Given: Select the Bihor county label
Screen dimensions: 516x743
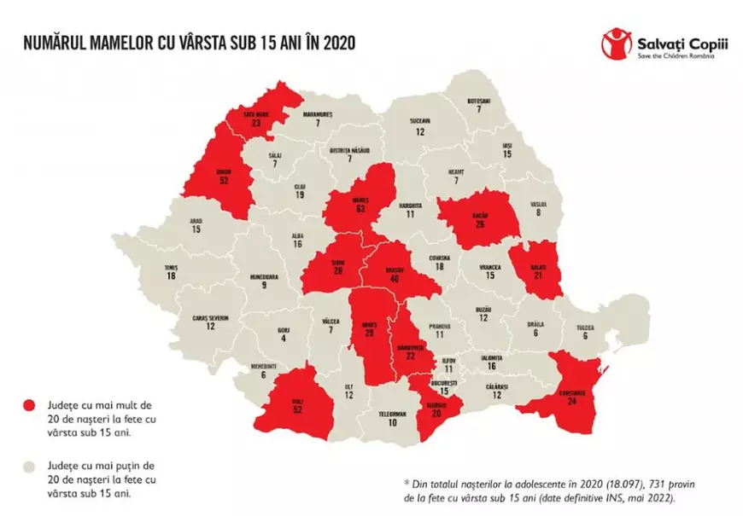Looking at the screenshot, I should click(224, 170).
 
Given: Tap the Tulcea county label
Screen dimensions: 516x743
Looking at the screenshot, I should click(585, 327).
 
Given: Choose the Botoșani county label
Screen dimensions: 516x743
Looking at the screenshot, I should click(479, 100).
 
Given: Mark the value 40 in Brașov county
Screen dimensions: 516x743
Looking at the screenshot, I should click(393, 278).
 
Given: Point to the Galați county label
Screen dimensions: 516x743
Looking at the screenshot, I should click(535, 265).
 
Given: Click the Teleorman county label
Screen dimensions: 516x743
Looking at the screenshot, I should click(393, 413).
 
